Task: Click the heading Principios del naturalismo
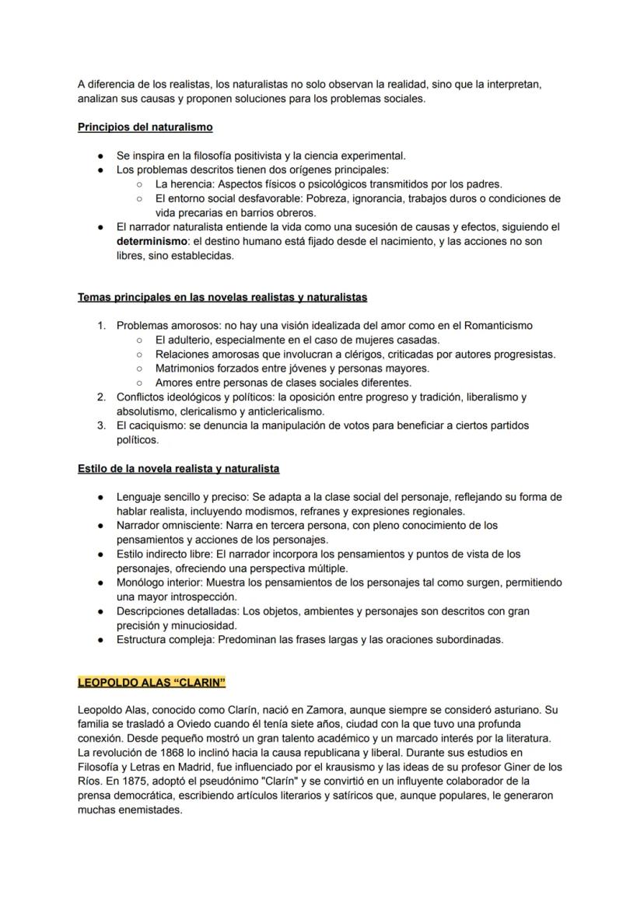(145, 127)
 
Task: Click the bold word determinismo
(147, 241)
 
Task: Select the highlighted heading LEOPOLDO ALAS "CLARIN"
(152, 683)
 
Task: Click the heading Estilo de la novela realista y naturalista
(178, 469)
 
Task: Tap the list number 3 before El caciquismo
(101, 425)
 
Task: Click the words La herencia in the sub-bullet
(184, 184)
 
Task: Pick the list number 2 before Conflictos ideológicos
(101, 397)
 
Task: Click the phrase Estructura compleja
(165, 640)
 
